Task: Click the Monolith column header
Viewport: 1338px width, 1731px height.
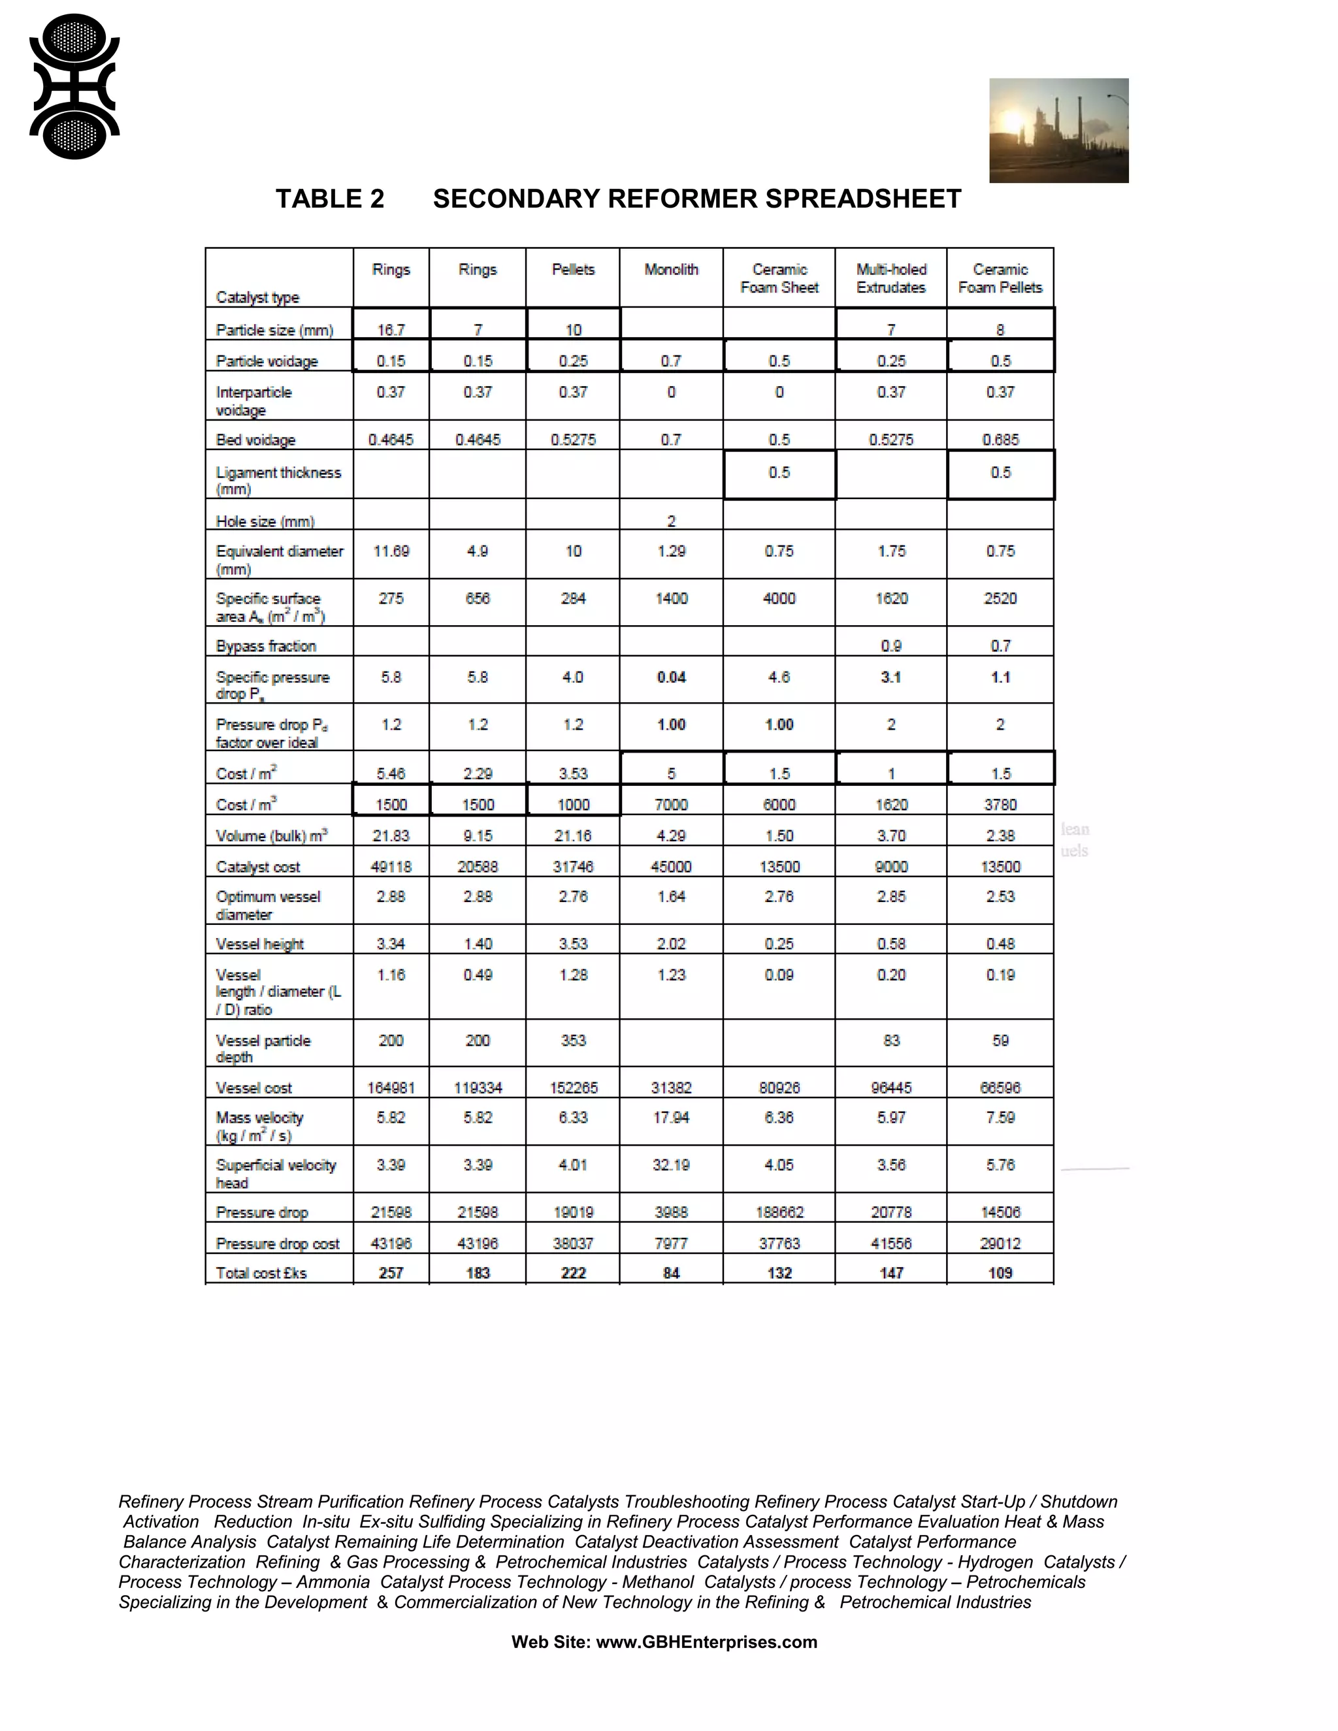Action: click(670, 270)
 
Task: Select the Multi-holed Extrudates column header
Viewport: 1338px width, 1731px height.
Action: click(890, 278)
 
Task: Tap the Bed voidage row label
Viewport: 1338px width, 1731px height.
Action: click(255, 440)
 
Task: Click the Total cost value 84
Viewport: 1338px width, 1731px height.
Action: click(670, 1273)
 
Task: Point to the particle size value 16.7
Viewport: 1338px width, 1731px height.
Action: click(391, 330)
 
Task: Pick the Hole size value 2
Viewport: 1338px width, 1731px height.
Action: click(670, 521)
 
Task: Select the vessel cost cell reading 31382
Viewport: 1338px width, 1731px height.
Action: click(670, 1088)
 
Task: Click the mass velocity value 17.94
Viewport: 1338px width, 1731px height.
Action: click(670, 1118)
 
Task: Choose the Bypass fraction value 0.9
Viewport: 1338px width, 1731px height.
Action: click(890, 646)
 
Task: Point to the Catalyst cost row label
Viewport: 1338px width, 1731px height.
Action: click(257, 867)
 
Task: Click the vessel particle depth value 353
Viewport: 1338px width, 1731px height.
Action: click(572, 1040)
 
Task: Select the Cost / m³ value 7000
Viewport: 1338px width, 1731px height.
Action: click(670, 805)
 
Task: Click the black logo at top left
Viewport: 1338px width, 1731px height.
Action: click(74, 86)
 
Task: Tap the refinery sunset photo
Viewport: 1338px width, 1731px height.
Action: click(1058, 131)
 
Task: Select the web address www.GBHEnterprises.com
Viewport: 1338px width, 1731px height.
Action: click(706, 1642)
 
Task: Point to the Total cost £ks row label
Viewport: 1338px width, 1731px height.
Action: click(261, 1273)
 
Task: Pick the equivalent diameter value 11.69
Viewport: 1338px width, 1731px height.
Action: click(391, 551)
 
